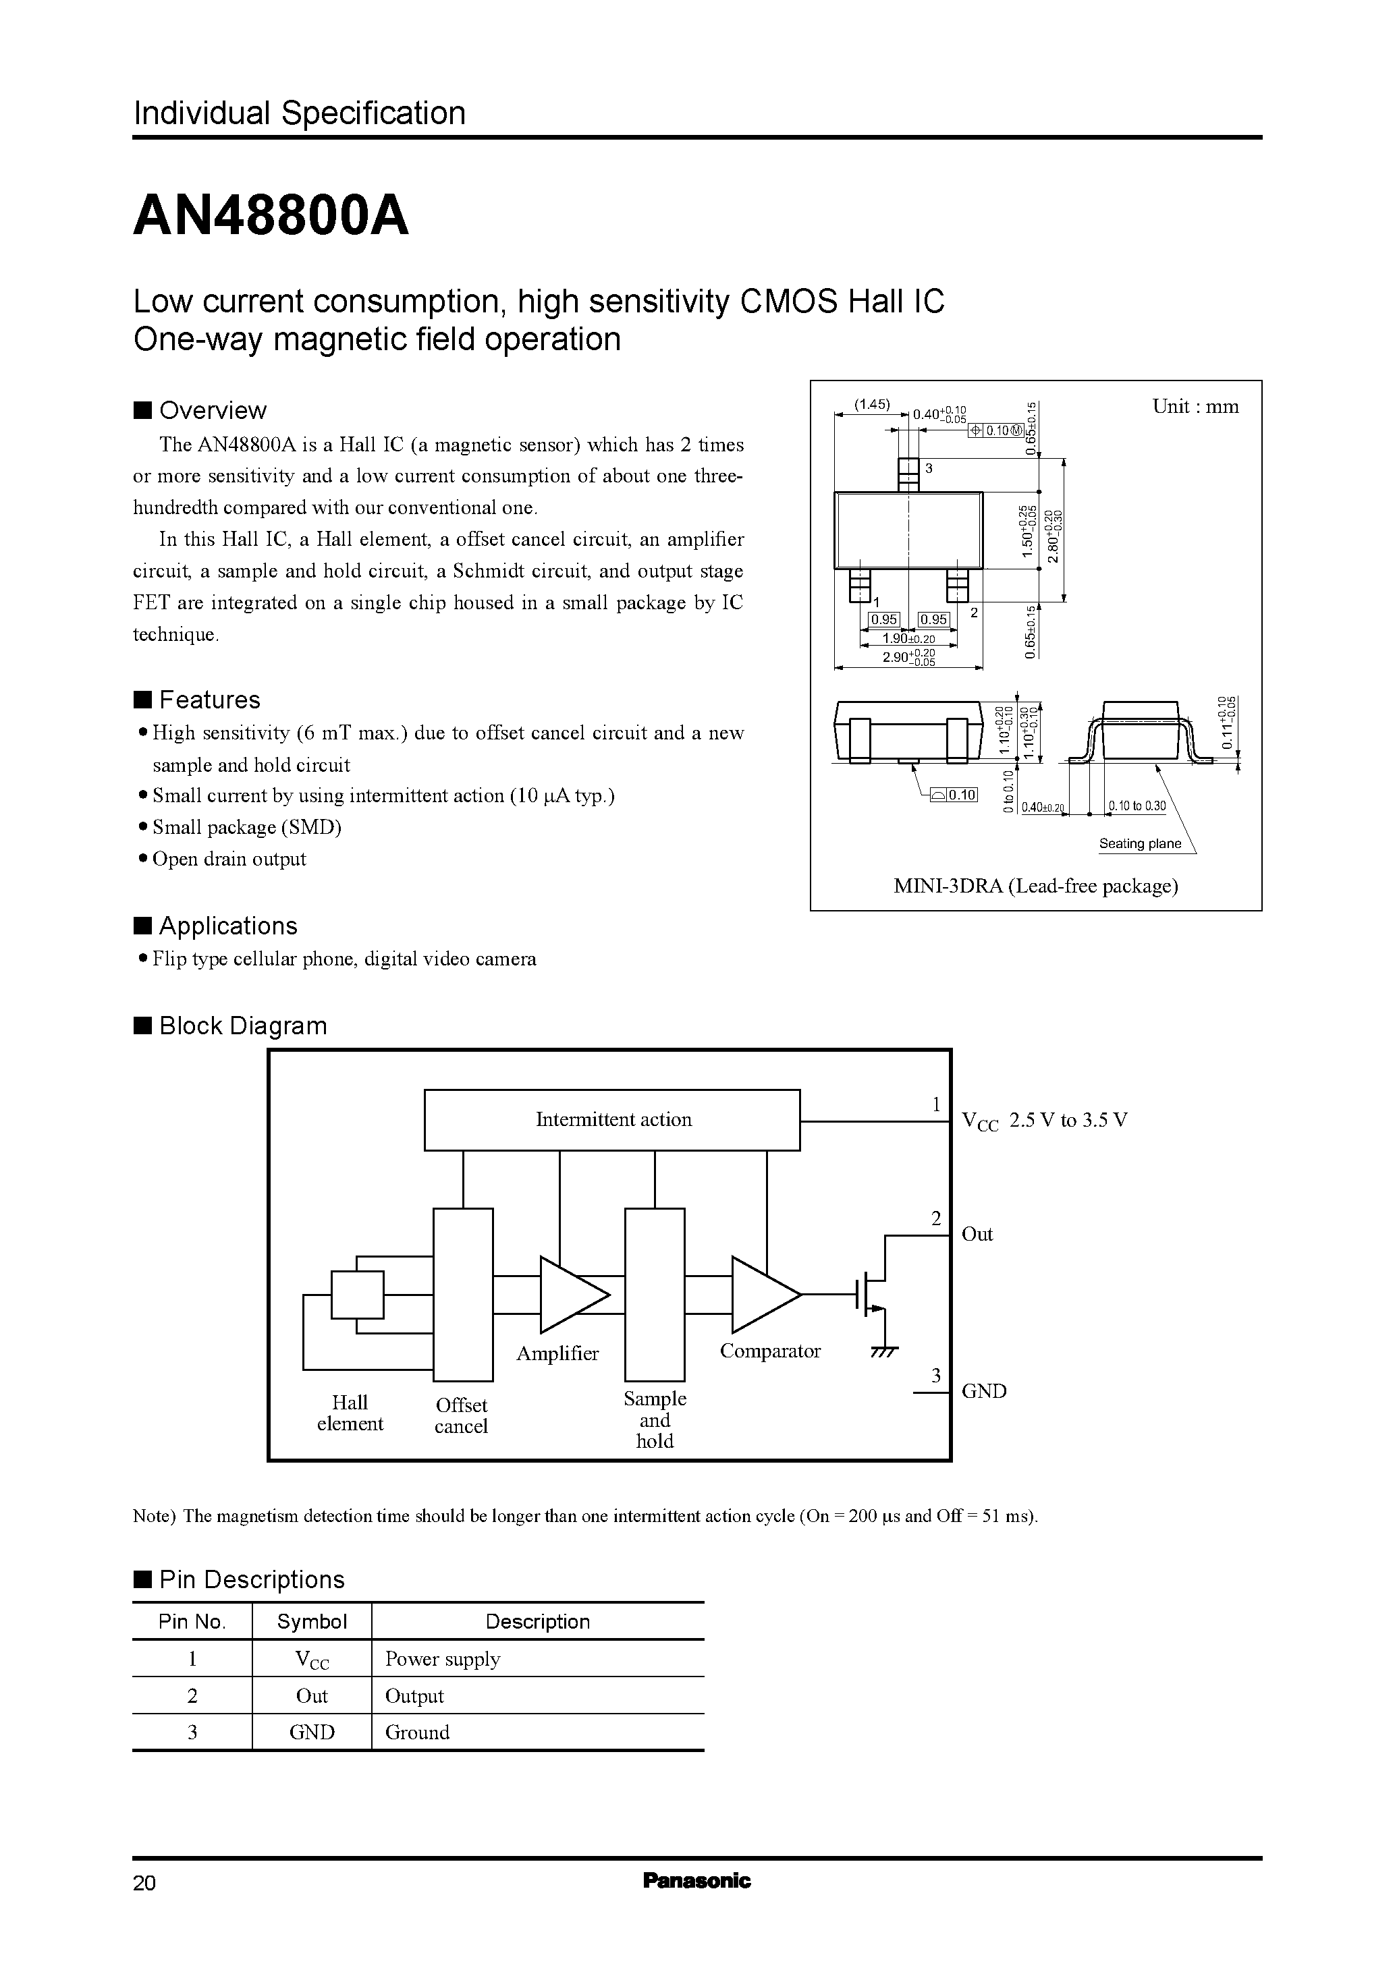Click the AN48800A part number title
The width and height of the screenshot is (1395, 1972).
point(271,217)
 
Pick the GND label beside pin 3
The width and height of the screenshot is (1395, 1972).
point(983,1390)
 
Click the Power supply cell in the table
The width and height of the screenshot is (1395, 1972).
point(442,1658)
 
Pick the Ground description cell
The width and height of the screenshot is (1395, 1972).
point(418,1732)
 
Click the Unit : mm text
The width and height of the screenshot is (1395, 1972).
point(1195,407)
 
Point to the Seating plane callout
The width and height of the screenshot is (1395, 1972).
point(1140,843)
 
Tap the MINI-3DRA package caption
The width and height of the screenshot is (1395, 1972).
point(1035,886)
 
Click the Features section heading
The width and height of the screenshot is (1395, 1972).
point(209,700)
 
